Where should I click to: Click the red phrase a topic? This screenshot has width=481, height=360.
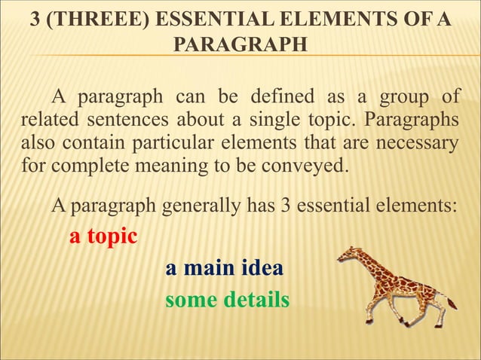click(x=103, y=236)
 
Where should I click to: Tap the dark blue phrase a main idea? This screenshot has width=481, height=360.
click(x=225, y=269)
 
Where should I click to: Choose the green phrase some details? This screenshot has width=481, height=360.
click(x=227, y=300)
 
